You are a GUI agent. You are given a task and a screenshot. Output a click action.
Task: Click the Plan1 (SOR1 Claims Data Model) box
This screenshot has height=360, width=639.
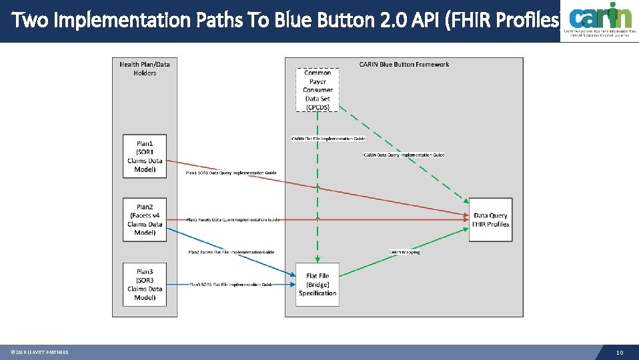[145, 157]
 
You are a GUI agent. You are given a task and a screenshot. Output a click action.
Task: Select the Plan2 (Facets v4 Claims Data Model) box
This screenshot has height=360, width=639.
[145, 220]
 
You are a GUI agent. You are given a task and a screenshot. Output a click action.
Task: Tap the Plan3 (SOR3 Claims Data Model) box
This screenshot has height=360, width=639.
[145, 285]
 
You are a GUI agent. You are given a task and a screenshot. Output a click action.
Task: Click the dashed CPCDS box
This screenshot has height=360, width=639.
[317, 90]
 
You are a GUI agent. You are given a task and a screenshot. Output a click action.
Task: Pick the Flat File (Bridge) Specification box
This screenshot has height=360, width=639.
[317, 285]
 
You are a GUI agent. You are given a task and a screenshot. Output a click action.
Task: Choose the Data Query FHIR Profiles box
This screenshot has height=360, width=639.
[490, 220]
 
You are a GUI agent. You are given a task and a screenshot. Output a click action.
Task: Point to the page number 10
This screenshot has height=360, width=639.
[620, 353]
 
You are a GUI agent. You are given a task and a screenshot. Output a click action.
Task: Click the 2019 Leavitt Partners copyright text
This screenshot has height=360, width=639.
[39, 353]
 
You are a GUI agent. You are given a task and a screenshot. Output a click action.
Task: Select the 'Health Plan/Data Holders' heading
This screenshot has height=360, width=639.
[145, 69]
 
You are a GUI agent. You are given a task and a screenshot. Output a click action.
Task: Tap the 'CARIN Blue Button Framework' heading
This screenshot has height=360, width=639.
[404, 65]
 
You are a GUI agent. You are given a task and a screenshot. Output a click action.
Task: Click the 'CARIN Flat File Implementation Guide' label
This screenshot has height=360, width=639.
[328, 139]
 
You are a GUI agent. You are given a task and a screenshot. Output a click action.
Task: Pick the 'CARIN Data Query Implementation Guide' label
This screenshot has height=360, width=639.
[404, 155]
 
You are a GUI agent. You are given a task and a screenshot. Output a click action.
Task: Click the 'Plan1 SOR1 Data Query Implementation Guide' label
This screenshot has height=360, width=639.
[231, 173]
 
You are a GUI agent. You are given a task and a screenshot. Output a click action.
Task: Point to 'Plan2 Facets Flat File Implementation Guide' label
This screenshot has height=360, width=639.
[231, 252]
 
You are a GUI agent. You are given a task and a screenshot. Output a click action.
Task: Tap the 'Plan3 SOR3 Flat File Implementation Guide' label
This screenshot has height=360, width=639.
[231, 285]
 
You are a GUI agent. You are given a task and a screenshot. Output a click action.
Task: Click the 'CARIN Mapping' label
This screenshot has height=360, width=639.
[404, 252]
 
